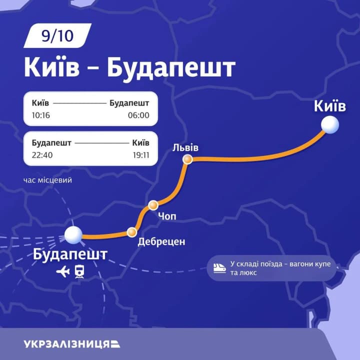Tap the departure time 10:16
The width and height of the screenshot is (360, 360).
pyautogui.click(x=41, y=115)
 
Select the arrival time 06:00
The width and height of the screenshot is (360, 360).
pyautogui.click(x=138, y=115)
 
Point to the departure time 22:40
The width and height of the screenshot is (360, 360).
pyautogui.click(x=42, y=155)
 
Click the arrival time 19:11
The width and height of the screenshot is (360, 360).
pyautogui.click(x=140, y=155)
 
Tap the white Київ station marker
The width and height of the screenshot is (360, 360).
pyautogui.click(x=330, y=124)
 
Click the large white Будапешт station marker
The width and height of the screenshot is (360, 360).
pyautogui.click(x=73, y=234)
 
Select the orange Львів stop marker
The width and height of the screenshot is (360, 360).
pyautogui.click(x=187, y=159)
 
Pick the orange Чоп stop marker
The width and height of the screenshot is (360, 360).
pyautogui.click(x=153, y=205)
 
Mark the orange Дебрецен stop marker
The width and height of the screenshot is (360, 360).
pyautogui.click(x=132, y=232)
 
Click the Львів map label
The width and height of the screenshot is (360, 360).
pyautogui.click(x=185, y=147)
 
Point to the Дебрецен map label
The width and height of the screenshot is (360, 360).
pyautogui.click(x=161, y=242)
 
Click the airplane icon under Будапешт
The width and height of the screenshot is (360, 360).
pyautogui.click(x=63, y=271)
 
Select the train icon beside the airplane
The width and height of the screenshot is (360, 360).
pyautogui.click(x=79, y=271)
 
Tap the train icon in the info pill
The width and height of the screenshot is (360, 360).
pyautogui.click(x=219, y=268)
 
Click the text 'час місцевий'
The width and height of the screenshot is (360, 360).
pyautogui.click(x=47, y=180)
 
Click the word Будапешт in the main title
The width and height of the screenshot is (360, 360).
pyautogui.click(x=171, y=67)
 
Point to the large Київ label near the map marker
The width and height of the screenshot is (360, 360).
pyautogui.click(x=330, y=106)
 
